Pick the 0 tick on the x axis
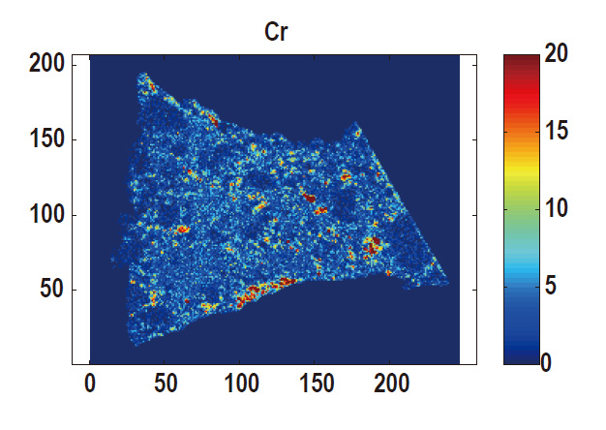[90, 384]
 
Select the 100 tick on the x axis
[241, 384]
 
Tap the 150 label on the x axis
[316, 384]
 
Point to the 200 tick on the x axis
[391, 384]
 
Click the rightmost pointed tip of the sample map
[448, 284]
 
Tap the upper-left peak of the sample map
[143, 75]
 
